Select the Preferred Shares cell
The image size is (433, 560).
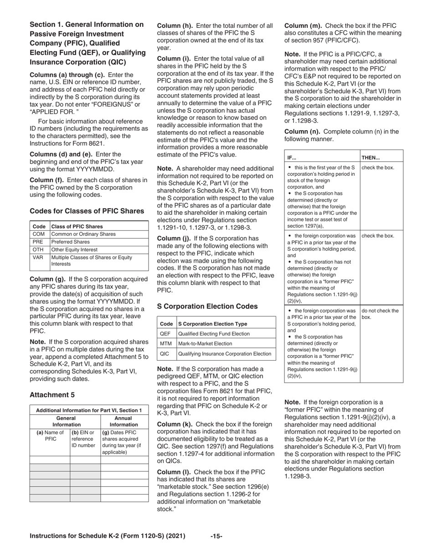click(x=70, y=242)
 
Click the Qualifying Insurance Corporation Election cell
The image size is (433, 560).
click(x=225, y=354)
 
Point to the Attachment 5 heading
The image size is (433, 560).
click(x=52, y=394)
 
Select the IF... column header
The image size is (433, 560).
click(x=292, y=158)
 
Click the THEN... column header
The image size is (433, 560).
click(x=371, y=158)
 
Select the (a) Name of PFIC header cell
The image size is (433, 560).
click(x=50, y=436)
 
